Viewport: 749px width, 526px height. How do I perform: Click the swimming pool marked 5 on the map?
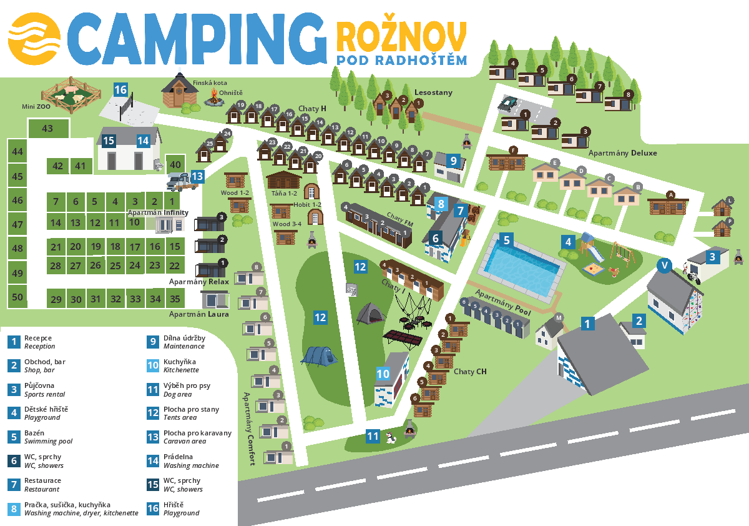point(522,265)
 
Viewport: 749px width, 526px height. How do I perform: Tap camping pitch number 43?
point(48,129)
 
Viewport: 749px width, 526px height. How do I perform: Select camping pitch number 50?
point(17,297)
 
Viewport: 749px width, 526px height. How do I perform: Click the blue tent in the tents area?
point(320,355)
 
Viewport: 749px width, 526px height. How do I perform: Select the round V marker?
point(665,266)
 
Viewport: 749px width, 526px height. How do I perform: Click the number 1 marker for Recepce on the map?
point(587,323)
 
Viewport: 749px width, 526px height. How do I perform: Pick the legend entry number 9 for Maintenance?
point(153,342)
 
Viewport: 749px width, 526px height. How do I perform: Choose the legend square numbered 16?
point(153,509)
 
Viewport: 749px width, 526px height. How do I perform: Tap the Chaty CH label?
point(470,372)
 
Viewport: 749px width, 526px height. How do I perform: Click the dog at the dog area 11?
point(391,437)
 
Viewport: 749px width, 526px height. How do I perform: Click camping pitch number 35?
point(175,299)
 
